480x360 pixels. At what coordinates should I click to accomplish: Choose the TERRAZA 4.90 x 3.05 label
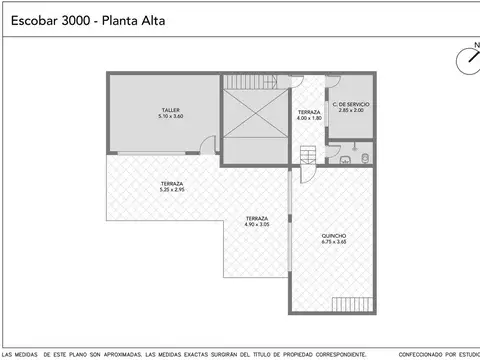(257, 221)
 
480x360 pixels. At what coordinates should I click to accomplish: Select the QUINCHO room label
(334, 237)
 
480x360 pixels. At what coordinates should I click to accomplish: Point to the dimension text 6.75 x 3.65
(334, 243)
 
